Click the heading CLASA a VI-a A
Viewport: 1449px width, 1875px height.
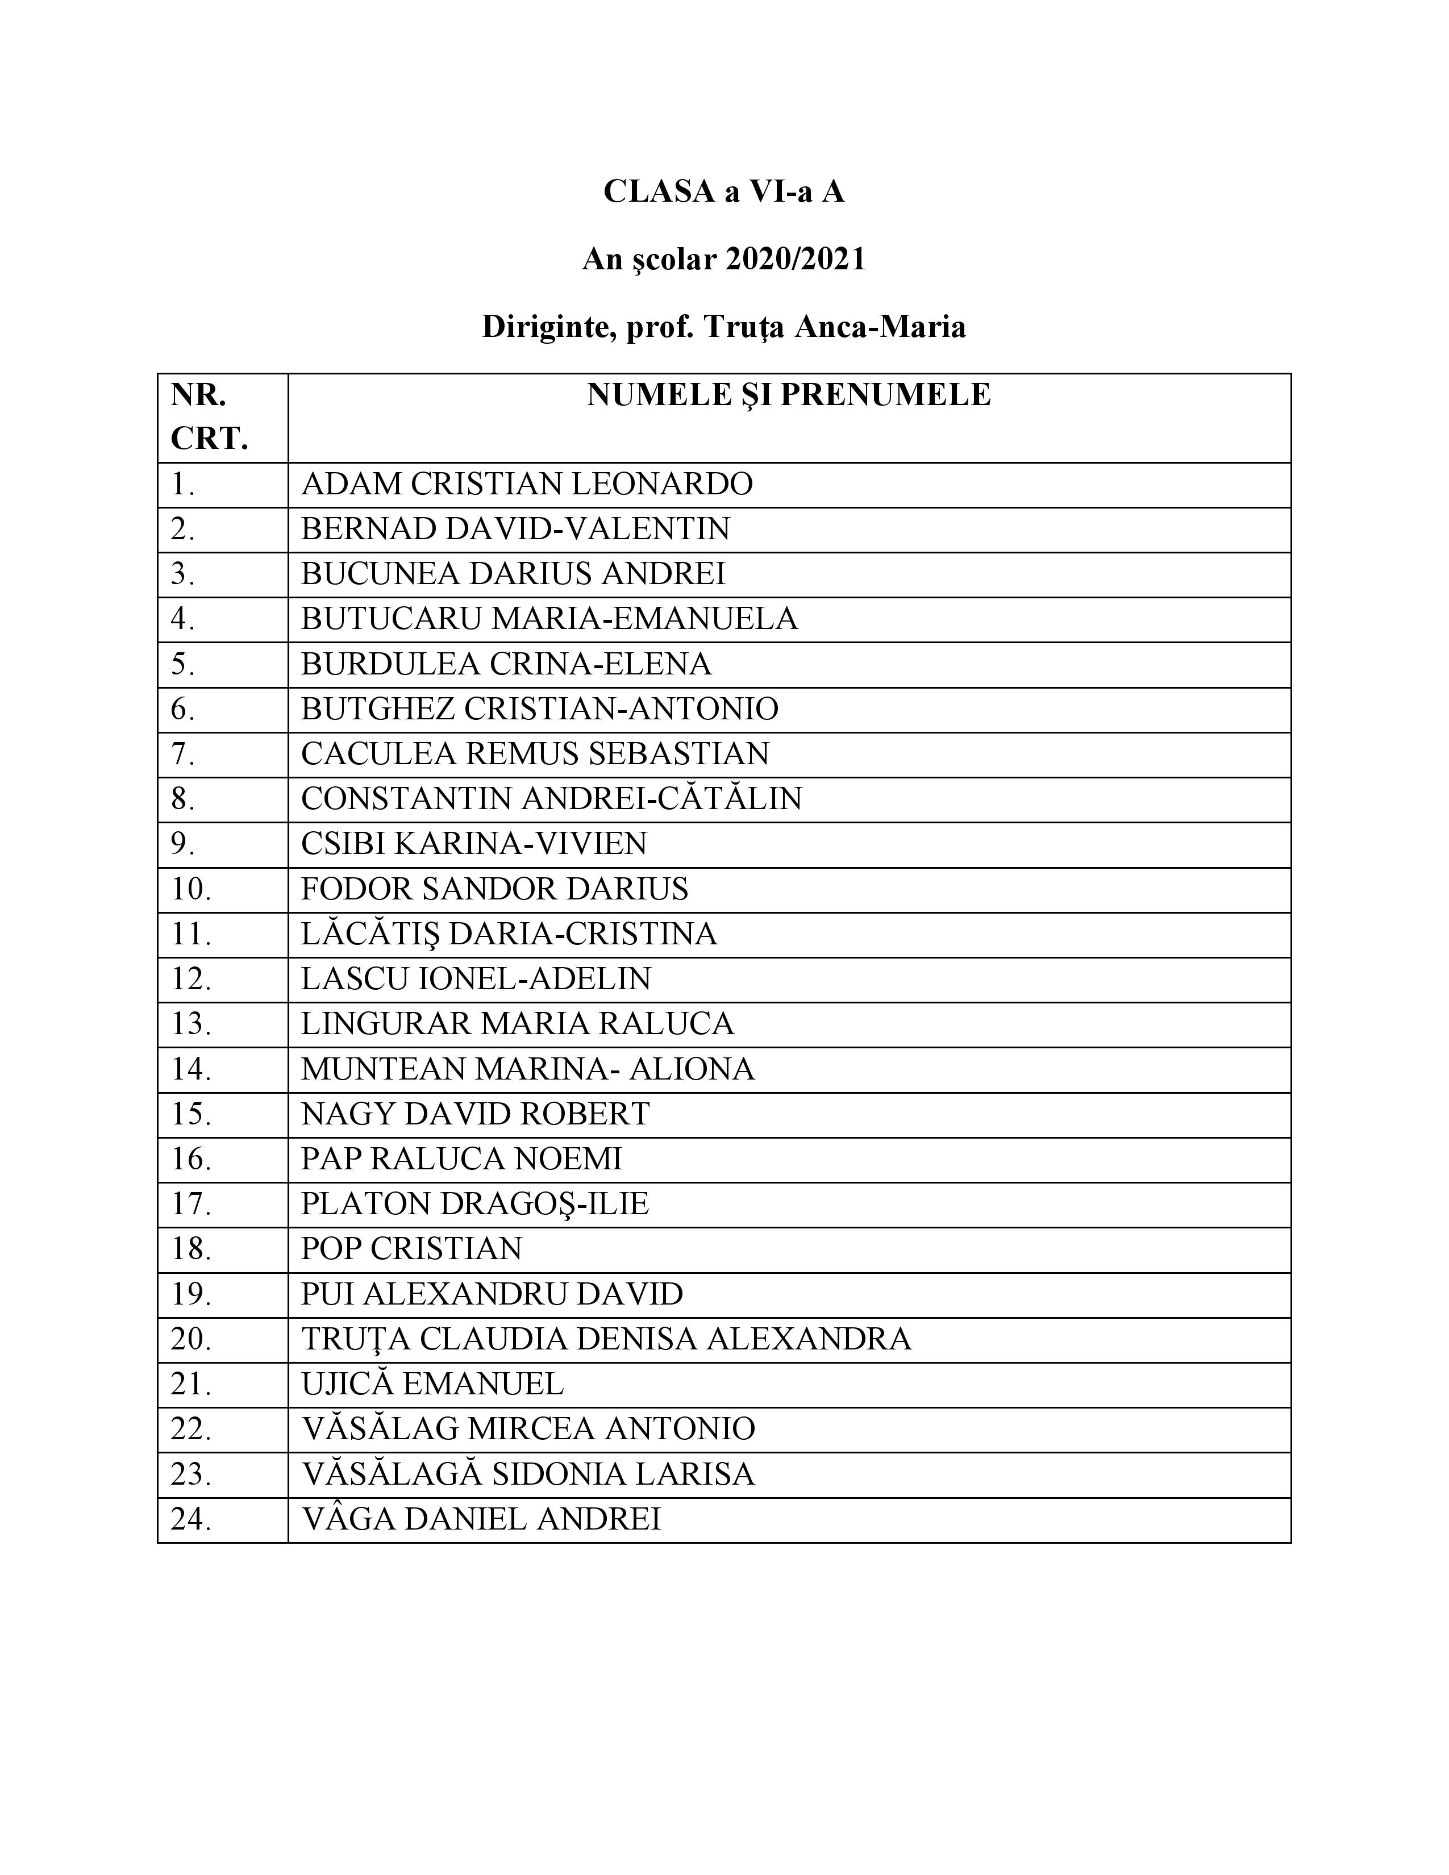(723, 191)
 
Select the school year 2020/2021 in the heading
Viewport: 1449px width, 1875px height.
(796, 259)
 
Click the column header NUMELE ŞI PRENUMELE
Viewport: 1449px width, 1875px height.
(788, 395)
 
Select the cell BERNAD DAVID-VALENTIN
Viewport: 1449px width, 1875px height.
(515, 529)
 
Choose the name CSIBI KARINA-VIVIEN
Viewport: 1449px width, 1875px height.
(474, 844)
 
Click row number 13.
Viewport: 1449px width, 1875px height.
(190, 1024)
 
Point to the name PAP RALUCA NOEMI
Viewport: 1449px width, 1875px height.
(461, 1159)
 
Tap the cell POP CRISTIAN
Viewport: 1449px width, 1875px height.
(411, 1249)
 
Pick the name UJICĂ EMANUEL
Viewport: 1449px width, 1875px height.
(432, 1384)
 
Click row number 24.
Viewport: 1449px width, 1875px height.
(190, 1519)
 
